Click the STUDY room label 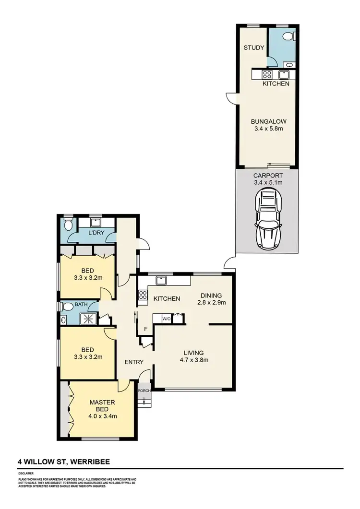pyautogui.click(x=252, y=47)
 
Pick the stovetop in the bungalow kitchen pyautogui.click(x=266, y=74)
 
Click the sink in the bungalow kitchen pyautogui.click(x=283, y=74)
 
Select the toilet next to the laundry pyautogui.click(x=69, y=225)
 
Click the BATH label pyautogui.click(x=81, y=304)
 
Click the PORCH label pyautogui.click(x=144, y=391)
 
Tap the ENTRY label pyautogui.click(x=134, y=362)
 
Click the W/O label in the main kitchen pyautogui.click(x=166, y=318)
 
